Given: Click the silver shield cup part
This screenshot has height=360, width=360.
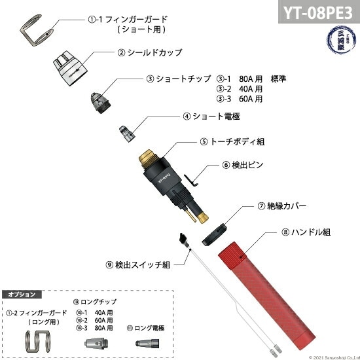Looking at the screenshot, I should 70,68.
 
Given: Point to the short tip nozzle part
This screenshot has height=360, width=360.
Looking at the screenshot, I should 101,99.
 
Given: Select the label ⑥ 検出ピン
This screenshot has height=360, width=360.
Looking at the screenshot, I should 243,165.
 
